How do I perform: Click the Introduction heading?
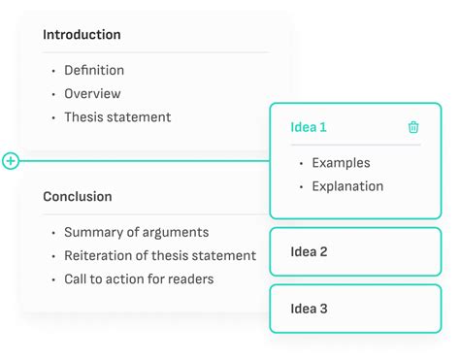click(x=82, y=35)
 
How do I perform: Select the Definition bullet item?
click(x=94, y=71)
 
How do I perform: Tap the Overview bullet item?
click(x=92, y=94)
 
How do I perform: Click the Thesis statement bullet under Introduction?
click(x=117, y=117)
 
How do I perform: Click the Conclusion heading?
click(x=77, y=197)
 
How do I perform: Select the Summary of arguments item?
click(x=136, y=233)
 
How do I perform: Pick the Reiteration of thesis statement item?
click(x=160, y=256)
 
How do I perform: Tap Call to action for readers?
click(x=139, y=279)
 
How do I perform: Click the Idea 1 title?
click(x=309, y=127)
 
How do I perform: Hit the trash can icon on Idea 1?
click(x=413, y=127)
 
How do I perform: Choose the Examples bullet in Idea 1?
click(x=341, y=163)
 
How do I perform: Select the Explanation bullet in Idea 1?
click(x=347, y=186)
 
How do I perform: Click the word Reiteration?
click(x=99, y=256)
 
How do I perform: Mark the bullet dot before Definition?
click(x=51, y=72)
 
